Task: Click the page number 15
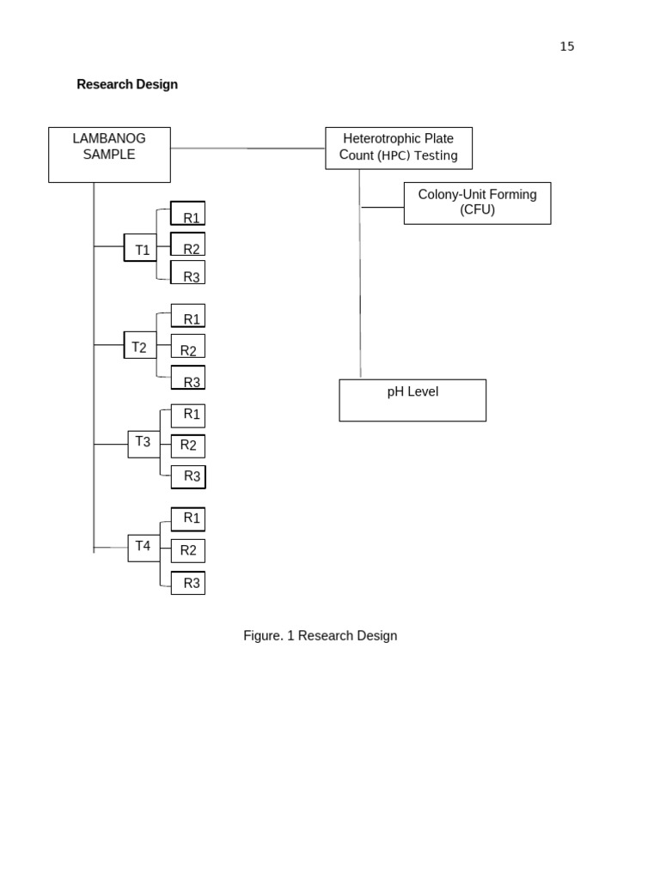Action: (x=566, y=46)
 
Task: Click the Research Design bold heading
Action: (x=127, y=84)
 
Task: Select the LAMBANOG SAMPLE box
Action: (x=109, y=155)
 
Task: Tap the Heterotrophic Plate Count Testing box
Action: (x=399, y=148)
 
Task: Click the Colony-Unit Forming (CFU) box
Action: (x=477, y=203)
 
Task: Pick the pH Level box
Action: (x=412, y=400)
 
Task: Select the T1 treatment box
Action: (x=140, y=247)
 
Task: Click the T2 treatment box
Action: (x=140, y=345)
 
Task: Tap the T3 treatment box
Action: (x=144, y=444)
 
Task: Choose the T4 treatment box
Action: (x=144, y=548)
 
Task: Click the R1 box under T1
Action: (x=188, y=214)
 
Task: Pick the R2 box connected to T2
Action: (x=188, y=347)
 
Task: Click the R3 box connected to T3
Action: (x=188, y=476)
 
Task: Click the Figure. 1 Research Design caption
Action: (x=320, y=636)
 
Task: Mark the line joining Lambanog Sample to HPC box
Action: (x=247, y=149)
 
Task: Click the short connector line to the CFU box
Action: (x=382, y=207)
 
